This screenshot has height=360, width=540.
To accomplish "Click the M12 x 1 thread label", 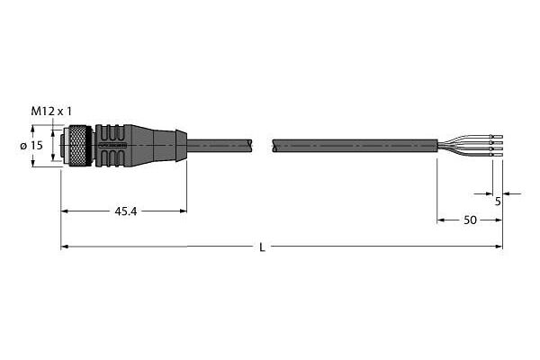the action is [x=51, y=112].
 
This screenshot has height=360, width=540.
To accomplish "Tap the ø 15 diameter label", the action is [x=31, y=146].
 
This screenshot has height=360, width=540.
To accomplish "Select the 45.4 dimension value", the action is [x=126, y=211].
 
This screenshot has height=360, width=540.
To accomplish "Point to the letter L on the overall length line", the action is [x=263, y=247].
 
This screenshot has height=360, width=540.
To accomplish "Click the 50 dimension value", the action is [x=470, y=220].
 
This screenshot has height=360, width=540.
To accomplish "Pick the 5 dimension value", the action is [x=498, y=202].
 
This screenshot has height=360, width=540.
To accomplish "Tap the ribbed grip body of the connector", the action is [x=113, y=146].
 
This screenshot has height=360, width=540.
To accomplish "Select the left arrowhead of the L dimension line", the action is [x=65, y=247].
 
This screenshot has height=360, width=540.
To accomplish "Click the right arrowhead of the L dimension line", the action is [x=499, y=247].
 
